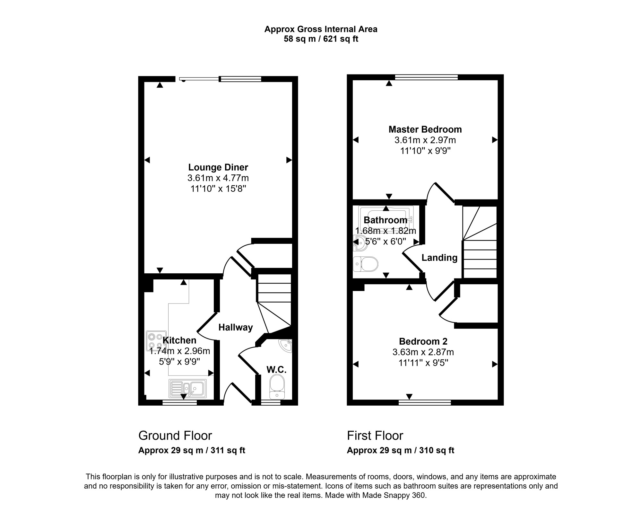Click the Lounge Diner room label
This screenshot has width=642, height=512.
[x=218, y=167]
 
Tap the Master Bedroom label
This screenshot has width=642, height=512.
[x=425, y=129]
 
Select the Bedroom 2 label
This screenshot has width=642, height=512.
[x=423, y=341]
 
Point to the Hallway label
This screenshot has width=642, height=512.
[x=236, y=327]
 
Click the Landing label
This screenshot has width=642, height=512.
[x=439, y=258]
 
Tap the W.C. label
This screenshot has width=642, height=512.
[x=276, y=370]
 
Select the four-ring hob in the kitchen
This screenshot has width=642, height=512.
[x=156, y=341]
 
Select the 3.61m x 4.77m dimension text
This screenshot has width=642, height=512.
[x=218, y=178]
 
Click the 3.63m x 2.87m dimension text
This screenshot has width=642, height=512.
[x=423, y=352]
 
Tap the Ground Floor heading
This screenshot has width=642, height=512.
[x=175, y=436]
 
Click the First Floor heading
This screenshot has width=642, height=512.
[x=375, y=436]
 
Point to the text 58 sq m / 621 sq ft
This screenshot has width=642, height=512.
[x=321, y=39]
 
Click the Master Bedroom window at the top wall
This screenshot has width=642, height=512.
[x=426, y=77]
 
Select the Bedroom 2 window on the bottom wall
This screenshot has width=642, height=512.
[x=425, y=402]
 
